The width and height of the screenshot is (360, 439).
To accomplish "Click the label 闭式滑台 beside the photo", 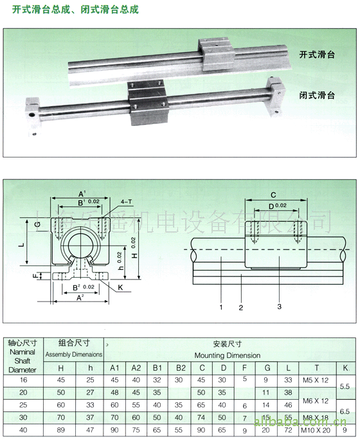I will coord(317,94).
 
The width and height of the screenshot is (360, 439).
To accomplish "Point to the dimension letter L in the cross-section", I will coord(22,246).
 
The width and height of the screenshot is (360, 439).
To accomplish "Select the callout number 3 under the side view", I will coord(279,307).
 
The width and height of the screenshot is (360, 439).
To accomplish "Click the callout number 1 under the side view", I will coord(221,307).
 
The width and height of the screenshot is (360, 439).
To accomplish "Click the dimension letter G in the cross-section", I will coord(37,224).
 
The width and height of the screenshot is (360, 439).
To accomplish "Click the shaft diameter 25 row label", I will coord(23,405).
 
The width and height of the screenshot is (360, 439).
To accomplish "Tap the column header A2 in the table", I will coord(136,368).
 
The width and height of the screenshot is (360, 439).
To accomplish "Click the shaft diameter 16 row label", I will coord(23,380).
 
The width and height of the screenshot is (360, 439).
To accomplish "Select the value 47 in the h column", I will coord(89,430).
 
